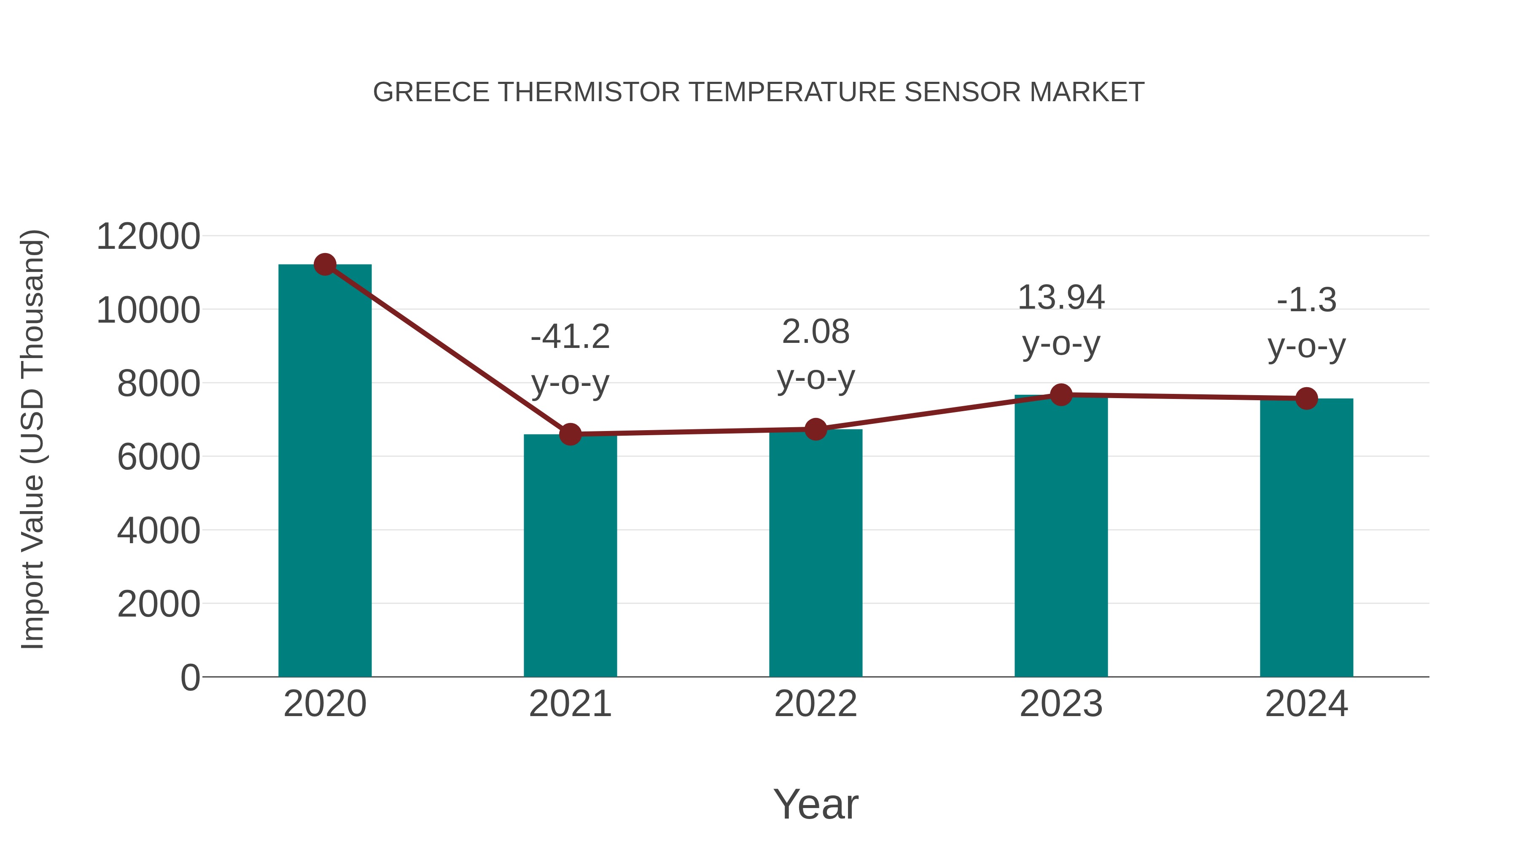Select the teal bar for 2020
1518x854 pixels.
325,471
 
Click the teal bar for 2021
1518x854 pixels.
570,557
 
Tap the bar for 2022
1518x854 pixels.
816,554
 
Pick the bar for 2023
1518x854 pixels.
1061,536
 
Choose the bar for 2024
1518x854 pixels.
1306,538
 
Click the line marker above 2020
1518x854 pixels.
325,264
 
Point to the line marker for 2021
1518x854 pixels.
570,434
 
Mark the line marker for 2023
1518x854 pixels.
1061,395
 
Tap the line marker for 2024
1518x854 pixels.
1306,399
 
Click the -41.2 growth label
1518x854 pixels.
570,337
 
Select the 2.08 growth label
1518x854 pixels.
816,332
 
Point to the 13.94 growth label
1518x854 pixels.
1061,298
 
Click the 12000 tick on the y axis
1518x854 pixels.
148,237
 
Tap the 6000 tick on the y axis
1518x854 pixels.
159,457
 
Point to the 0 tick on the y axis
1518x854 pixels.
190,678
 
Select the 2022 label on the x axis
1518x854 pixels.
816,704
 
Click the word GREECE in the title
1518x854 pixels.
431,92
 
